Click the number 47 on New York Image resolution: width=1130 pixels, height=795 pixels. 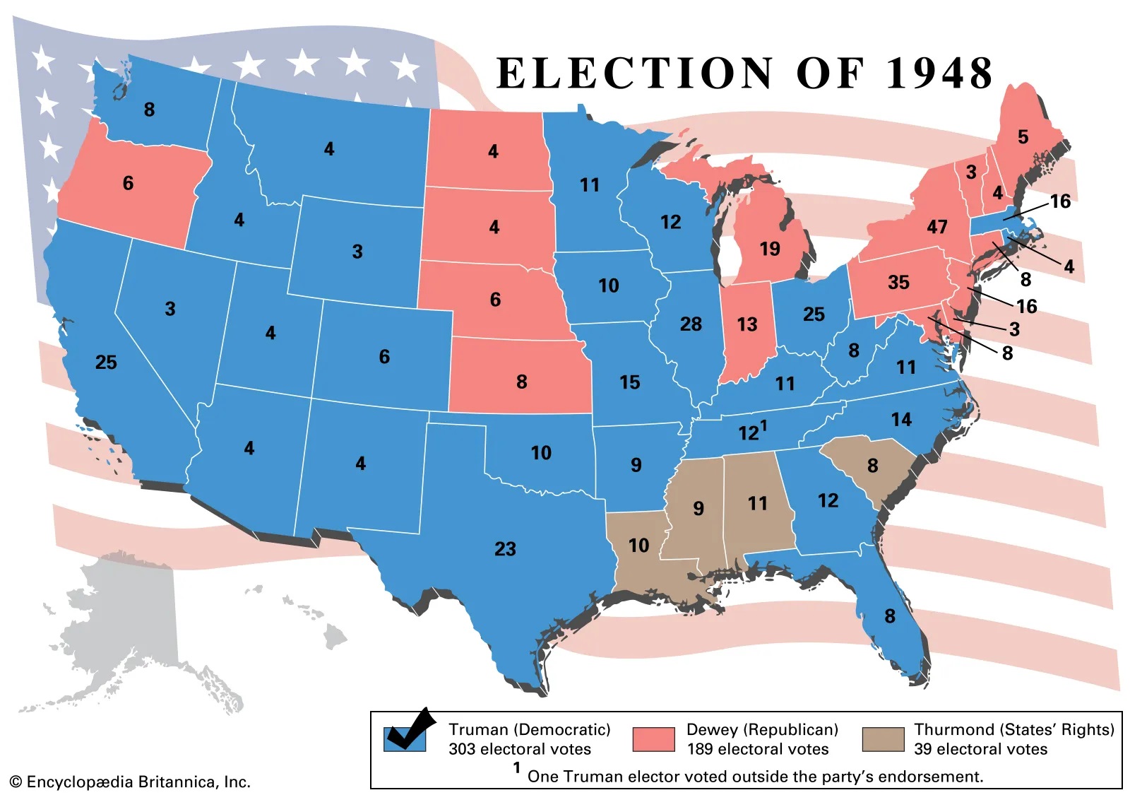[x=936, y=227]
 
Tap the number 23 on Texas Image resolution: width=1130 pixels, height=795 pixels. [x=505, y=549]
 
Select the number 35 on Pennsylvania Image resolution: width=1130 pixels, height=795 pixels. [x=898, y=283]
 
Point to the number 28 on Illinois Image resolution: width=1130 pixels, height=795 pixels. [x=691, y=324]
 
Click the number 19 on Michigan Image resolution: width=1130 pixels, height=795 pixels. [x=770, y=249]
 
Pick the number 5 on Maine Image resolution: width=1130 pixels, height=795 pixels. [x=1023, y=137]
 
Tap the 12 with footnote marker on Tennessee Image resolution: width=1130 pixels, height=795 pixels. [x=751, y=432]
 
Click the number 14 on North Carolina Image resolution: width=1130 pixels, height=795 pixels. [x=901, y=420]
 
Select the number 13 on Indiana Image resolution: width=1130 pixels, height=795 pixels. [x=747, y=324]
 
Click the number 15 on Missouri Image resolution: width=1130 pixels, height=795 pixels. [x=629, y=382]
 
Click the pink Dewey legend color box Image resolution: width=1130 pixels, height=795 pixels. [x=653, y=739]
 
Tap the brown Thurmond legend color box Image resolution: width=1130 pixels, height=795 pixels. [x=883, y=739]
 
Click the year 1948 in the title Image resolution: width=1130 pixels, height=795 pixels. [x=939, y=73]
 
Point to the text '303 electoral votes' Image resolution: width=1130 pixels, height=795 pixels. [x=519, y=749]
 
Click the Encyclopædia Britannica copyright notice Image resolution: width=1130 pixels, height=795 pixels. [x=131, y=782]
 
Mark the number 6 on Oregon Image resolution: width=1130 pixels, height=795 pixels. [x=128, y=184]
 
